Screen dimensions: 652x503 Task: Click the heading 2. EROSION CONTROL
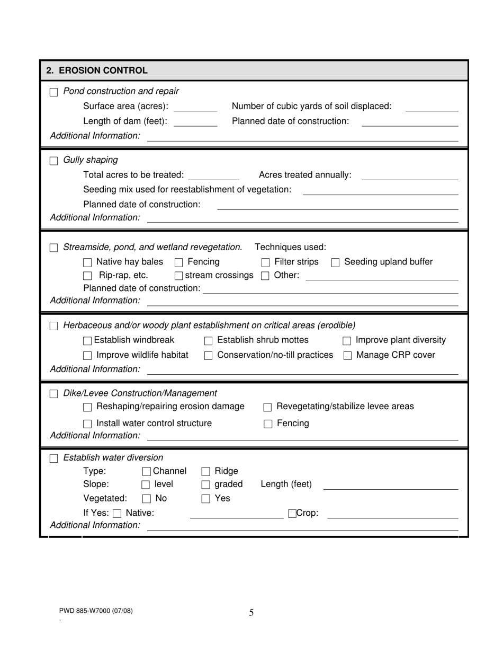97,71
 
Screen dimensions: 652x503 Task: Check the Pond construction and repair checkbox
54,92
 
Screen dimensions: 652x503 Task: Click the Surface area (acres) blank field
195,108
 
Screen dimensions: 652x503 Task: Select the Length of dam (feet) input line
195,122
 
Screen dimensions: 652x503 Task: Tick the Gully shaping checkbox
54,161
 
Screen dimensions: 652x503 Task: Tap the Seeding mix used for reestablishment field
380,191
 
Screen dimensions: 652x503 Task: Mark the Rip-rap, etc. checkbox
88,276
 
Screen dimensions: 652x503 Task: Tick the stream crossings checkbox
179,276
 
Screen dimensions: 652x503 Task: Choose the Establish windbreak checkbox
88,341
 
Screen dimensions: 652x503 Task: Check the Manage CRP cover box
348,356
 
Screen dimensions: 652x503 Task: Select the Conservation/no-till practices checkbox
209,356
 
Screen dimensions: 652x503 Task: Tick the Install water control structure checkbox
88,424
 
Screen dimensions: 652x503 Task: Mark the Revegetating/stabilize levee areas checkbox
268,407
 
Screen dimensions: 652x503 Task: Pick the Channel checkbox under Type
147,472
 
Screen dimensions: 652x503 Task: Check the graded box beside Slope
206,485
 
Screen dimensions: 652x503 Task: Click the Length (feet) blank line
390,486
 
